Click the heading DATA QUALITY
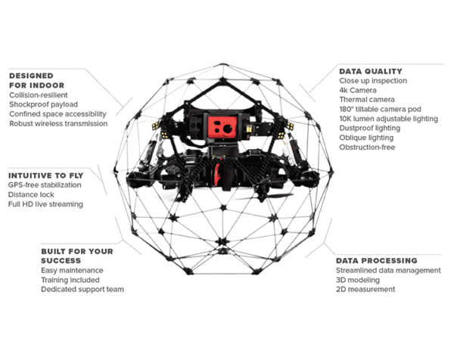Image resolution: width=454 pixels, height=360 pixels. (371, 71)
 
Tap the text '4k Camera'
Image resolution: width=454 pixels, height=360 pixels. (358, 90)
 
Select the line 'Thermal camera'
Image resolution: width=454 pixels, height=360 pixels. (367, 100)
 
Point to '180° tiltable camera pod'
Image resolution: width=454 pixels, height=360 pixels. (380, 109)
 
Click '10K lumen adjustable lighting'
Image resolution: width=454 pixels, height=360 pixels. (389, 119)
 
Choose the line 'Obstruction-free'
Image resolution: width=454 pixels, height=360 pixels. (367, 147)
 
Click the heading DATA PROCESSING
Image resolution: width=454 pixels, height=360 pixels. (376, 261)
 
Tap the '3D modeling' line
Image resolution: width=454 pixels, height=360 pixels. (358, 280)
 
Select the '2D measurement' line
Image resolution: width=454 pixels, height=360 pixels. (365, 289)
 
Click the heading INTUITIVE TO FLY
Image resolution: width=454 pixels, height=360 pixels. (45, 175)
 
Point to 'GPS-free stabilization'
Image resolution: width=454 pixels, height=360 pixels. (45, 185)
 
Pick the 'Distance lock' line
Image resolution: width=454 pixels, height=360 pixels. (31, 194)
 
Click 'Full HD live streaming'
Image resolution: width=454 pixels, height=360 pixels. (45, 204)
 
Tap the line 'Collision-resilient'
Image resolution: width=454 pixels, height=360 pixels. (39, 95)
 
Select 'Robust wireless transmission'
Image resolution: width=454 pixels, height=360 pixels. (58, 123)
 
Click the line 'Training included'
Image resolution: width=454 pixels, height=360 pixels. (70, 280)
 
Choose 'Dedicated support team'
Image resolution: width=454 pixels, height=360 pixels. (82, 290)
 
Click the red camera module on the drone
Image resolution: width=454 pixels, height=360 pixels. (222, 127)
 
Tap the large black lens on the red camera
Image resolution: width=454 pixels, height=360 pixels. (228, 129)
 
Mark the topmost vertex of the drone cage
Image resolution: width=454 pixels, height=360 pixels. (222, 64)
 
